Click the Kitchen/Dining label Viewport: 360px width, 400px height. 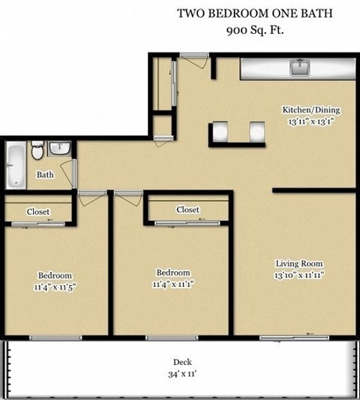[x=307, y=109]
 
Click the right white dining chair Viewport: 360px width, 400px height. [x=259, y=131]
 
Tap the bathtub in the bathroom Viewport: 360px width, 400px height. [x=15, y=165]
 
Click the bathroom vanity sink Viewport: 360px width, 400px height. [x=59, y=148]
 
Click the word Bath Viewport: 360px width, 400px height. [x=45, y=175]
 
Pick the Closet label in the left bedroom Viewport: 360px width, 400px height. [x=38, y=212]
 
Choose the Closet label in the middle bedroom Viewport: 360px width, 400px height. [x=187, y=210]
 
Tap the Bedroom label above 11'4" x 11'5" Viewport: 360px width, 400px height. [x=55, y=274]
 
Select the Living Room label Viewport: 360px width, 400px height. [x=298, y=264]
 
